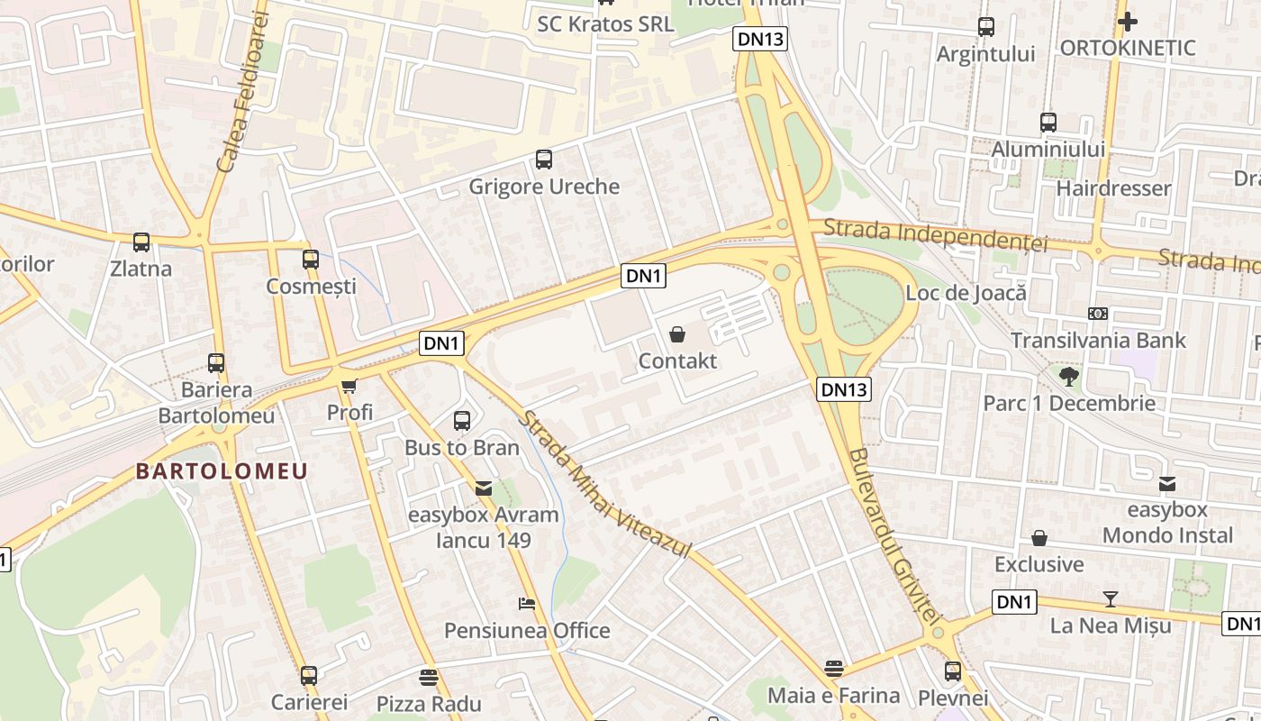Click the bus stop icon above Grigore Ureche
pos(544,160)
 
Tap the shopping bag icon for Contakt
pos(677,334)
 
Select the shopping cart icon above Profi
pos(349,386)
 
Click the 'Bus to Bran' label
pos(462,447)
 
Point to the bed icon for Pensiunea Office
pos(527,603)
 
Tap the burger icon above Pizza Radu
pos(429,677)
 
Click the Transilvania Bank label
pos(1098,340)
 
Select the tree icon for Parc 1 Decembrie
pos(1069,376)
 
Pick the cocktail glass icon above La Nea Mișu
pos(1111,599)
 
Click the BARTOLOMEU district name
pos(222,470)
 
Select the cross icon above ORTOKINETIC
pos(1128,22)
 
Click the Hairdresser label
pos(1113,188)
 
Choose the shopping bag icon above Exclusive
pos(1039,538)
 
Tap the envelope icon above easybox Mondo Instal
pos(1167,484)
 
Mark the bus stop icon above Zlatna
pos(141,242)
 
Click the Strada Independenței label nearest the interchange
pos(936,234)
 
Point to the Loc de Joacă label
pos(966,292)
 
